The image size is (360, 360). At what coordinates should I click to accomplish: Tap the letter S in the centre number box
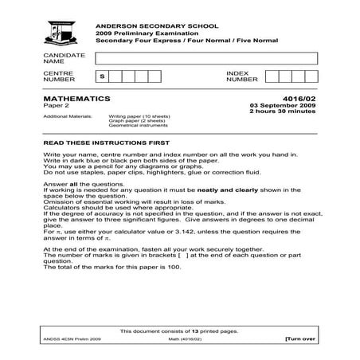click(x=101, y=76)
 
